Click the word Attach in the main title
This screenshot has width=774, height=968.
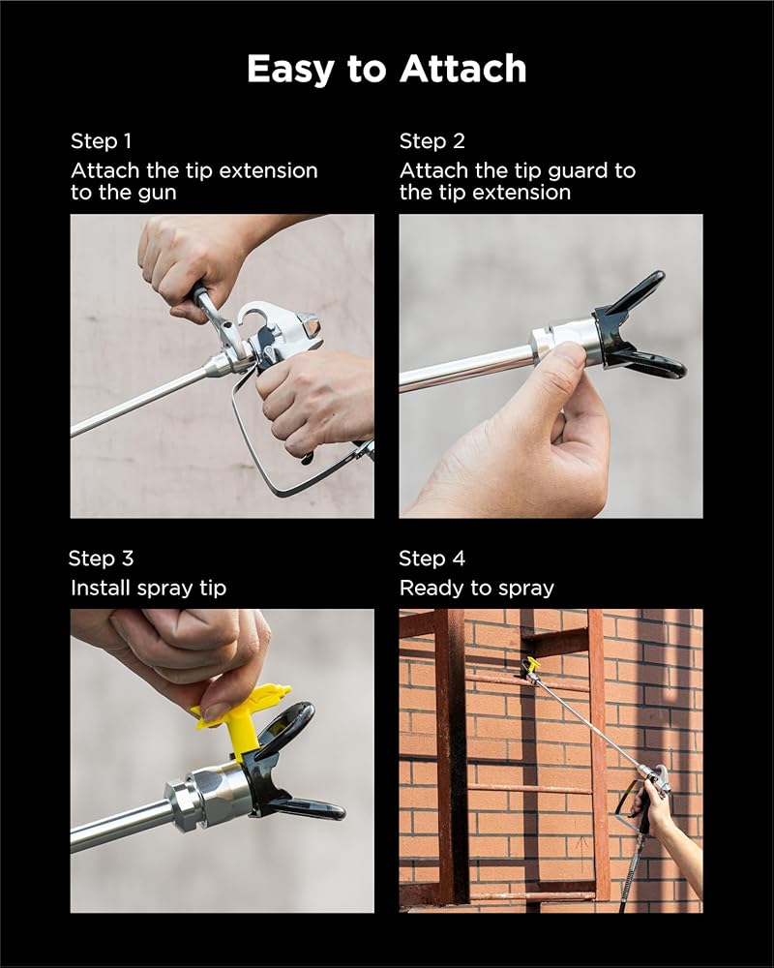pos(462,68)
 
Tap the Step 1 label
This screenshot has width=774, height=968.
pos(102,141)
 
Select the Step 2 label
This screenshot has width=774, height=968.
pos(432,141)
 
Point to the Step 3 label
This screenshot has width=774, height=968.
pos(102,559)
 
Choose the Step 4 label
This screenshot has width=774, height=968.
pos(432,559)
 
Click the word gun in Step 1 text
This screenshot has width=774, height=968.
pos(157,194)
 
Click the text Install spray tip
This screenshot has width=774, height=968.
pos(149,589)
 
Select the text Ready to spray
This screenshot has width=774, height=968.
pos(477,589)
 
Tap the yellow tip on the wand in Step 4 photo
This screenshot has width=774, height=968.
pos(531,665)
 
